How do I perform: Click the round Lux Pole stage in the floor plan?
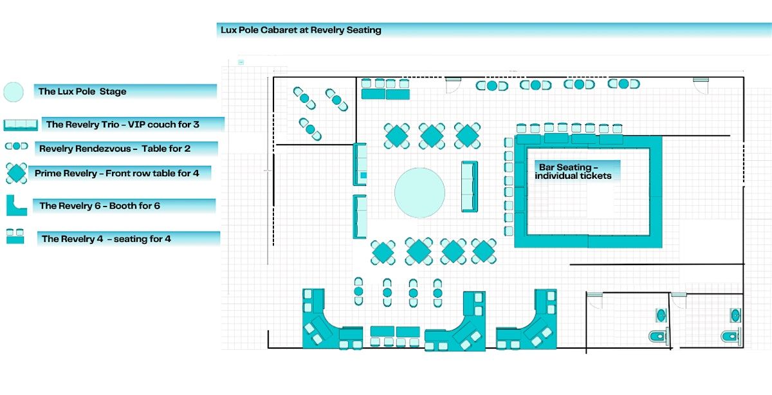(419, 193)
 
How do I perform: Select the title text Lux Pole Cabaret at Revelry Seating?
(301, 30)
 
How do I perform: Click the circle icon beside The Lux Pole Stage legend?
(14, 92)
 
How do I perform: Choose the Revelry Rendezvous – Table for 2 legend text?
(115, 149)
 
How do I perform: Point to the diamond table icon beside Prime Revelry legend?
(15, 173)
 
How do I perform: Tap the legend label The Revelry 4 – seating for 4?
(106, 239)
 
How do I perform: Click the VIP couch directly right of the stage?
(470, 187)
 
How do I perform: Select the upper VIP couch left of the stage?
(360, 165)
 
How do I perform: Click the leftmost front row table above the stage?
(397, 136)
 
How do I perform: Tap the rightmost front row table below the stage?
(483, 251)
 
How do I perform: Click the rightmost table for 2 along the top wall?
(623, 84)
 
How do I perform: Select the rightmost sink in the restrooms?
(735, 315)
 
